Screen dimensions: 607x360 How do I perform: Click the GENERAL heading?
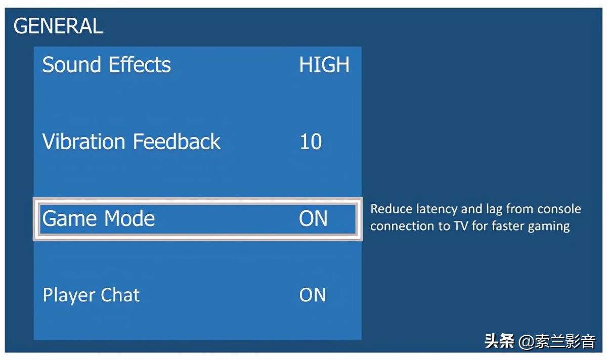click(58, 26)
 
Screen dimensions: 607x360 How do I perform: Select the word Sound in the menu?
click(71, 65)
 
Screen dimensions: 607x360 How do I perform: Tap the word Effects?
click(140, 65)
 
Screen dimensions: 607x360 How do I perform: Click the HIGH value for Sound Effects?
click(324, 65)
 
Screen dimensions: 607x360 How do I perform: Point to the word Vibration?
click(84, 141)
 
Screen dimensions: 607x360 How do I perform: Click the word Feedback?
click(177, 141)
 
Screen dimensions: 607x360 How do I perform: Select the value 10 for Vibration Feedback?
click(311, 142)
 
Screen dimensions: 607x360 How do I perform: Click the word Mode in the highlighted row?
click(129, 218)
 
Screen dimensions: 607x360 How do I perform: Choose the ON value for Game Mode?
click(314, 218)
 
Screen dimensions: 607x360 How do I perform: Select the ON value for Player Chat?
click(313, 295)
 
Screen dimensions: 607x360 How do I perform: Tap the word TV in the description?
click(461, 226)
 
